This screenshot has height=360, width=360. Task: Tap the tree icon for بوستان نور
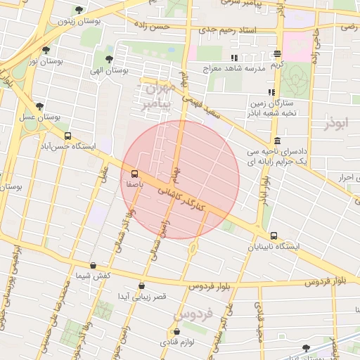pyautogui.click(x=46, y=50)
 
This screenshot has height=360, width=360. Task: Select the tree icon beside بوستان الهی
pyautogui.click(x=109, y=59)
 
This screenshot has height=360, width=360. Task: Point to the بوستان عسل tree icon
pyautogui.click(x=40, y=106)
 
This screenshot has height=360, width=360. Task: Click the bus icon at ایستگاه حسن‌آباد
pyautogui.click(x=67, y=136)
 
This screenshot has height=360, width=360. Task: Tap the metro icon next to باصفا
pyautogui.click(x=134, y=173)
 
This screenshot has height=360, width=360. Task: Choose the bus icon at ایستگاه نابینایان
pyautogui.click(x=274, y=236)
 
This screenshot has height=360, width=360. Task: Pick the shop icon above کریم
pyautogui.click(x=278, y=53)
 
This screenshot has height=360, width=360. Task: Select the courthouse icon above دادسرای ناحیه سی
pyautogui.click(x=278, y=141)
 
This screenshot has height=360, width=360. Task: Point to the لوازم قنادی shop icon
pyautogui.click(x=176, y=331)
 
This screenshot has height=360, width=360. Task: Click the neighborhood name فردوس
pyautogui.click(x=193, y=314)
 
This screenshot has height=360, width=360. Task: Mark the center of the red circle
pyautogui.click(x=180, y=179)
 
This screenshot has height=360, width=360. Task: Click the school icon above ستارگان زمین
pyautogui.click(x=271, y=92)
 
